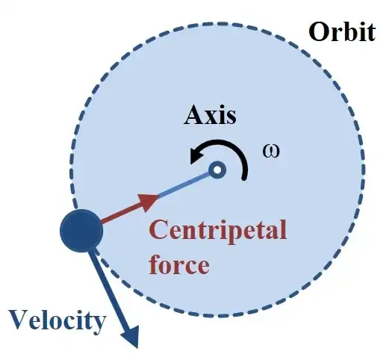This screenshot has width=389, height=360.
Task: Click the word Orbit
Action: pos(342,32)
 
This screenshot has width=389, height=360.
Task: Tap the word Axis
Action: pos(210,115)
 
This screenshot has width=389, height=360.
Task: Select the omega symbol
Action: pos(271,151)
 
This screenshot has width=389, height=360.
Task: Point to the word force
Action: pos(179,264)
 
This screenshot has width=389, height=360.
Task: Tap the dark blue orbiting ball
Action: pos(81,231)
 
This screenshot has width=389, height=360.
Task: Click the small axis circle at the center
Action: pos(217,170)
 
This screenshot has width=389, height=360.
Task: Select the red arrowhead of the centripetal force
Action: pos(149,202)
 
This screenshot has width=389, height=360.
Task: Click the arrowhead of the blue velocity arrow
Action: pos(131,337)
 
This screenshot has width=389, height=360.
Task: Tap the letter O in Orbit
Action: pos(319,32)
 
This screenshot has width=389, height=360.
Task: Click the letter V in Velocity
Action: pos(19,320)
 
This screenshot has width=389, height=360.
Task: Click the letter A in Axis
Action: pos(195,115)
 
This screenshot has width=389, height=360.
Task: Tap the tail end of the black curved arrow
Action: pos(244,178)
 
